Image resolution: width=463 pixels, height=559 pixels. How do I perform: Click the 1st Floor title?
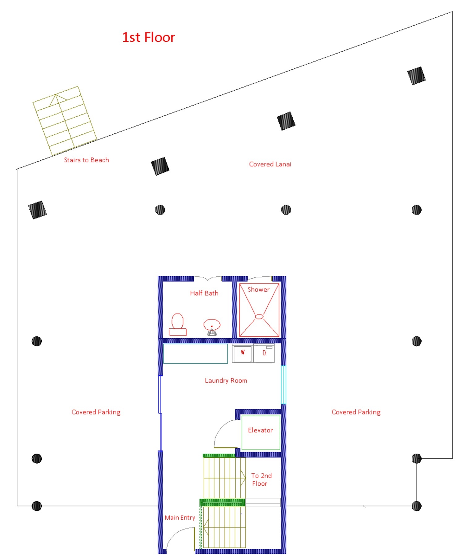[x=148, y=37]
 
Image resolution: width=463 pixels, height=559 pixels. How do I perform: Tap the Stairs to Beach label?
[x=87, y=160]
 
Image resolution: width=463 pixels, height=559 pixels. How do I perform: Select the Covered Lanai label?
[x=270, y=164]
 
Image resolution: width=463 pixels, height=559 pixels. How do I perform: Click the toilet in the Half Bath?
[x=177, y=324]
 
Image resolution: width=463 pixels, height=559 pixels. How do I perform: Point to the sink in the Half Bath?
[x=212, y=327]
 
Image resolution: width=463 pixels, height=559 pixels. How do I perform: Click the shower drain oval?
[x=259, y=317]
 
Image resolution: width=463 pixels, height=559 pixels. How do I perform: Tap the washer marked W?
[x=243, y=353]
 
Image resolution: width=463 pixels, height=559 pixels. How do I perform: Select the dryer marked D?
[x=264, y=353]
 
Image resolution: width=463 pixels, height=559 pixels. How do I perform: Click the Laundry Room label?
[x=226, y=380]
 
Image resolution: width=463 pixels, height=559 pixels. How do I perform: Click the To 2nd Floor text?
[x=261, y=479]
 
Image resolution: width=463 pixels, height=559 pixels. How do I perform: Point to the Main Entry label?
[x=180, y=518]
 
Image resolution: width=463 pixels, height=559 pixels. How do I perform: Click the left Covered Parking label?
[x=96, y=412]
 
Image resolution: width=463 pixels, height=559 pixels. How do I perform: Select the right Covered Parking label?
[x=356, y=412]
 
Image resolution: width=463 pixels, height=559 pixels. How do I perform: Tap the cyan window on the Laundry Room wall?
[x=283, y=385]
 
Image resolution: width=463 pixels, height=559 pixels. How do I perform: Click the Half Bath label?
[x=204, y=293]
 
